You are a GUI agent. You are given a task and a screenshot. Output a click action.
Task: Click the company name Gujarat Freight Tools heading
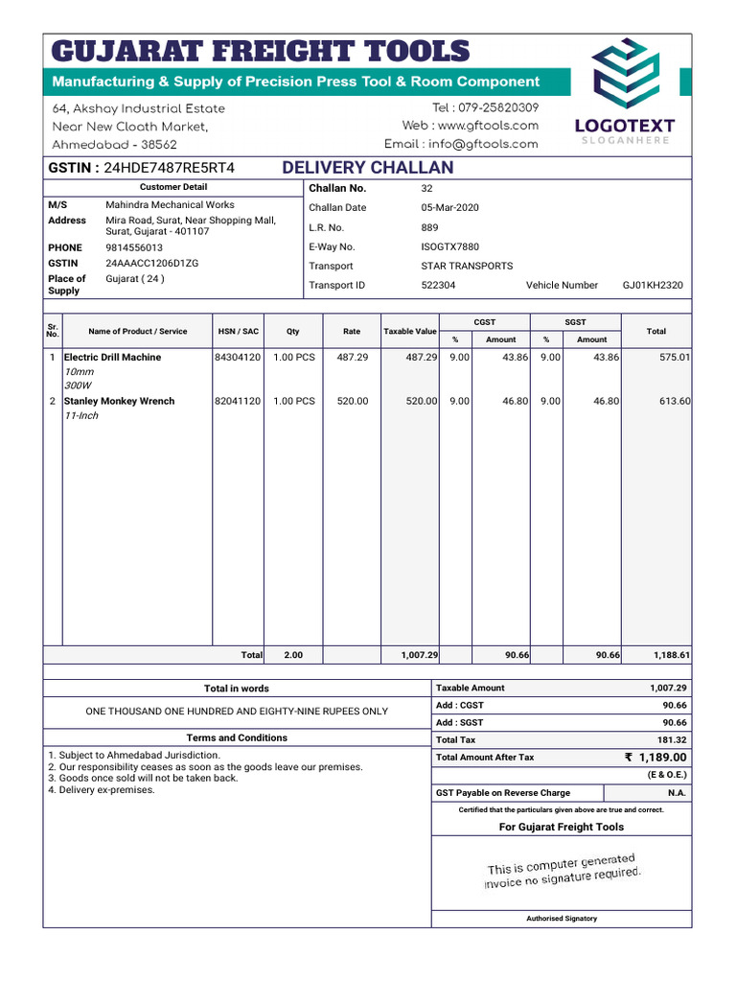(260, 51)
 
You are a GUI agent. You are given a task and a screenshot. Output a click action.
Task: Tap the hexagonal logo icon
(624, 76)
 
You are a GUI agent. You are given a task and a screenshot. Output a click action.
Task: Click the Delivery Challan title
(368, 168)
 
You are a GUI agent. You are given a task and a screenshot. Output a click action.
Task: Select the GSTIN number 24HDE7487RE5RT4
(169, 168)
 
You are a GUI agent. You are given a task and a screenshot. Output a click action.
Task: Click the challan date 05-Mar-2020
(449, 208)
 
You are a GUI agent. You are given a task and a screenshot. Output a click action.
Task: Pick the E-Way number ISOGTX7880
(449, 246)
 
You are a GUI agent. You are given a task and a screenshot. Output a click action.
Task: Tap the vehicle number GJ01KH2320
(653, 285)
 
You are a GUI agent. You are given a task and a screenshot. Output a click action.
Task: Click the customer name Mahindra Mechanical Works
(170, 205)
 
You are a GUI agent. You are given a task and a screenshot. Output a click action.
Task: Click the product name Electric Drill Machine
(112, 357)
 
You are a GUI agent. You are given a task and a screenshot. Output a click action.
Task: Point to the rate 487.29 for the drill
(352, 357)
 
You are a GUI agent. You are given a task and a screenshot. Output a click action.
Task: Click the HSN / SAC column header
(238, 331)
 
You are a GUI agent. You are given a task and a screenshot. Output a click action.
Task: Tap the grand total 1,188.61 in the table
(672, 655)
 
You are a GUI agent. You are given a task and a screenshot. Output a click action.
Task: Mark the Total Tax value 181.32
(672, 740)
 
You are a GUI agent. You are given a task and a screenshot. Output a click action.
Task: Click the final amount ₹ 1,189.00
(655, 758)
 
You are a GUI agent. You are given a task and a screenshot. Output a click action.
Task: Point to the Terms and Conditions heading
(236, 737)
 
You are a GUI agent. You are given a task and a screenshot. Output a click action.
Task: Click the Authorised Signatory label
(562, 918)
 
